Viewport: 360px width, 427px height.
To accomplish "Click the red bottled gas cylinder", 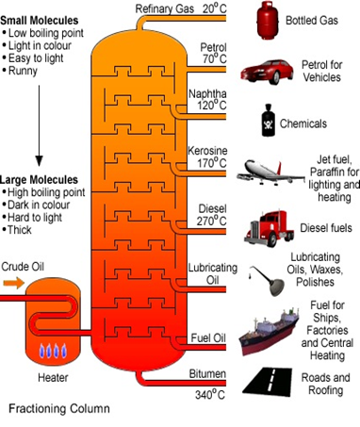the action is pyautogui.click(x=268, y=21).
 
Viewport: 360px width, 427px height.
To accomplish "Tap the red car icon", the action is pyautogui.click(x=267, y=72).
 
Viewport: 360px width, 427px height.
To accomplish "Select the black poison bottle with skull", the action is pyautogui.click(x=268, y=121).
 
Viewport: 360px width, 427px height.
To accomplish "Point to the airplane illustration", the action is pyautogui.click(x=270, y=172).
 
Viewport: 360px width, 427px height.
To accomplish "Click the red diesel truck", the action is pyautogui.click(x=270, y=229).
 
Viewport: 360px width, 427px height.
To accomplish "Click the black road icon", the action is pyautogui.click(x=268, y=381).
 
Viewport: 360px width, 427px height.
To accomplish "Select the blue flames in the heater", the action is pyautogui.click(x=53, y=351).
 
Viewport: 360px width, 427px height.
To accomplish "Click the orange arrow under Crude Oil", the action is pyautogui.click(x=14, y=283).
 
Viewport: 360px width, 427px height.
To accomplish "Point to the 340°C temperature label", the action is pyautogui.click(x=210, y=394).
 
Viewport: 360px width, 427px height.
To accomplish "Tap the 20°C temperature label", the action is pyautogui.click(x=214, y=8).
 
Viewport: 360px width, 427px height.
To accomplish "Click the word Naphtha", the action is pyautogui.click(x=207, y=93).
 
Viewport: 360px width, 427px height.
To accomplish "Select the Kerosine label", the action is pyautogui.click(x=207, y=151).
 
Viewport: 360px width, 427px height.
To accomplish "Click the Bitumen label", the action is pyautogui.click(x=207, y=373).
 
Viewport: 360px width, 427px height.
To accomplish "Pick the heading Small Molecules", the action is pyautogui.click(x=40, y=21).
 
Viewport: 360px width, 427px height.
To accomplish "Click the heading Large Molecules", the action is pyautogui.click(x=39, y=180).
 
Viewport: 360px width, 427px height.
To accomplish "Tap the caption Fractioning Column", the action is pyautogui.click(x=59, y=408).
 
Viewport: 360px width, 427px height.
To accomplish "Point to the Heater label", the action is pyautogui.click(x=53, y=377).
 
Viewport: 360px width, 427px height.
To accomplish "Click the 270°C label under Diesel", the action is pyautogui.click(x=211, y=221).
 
